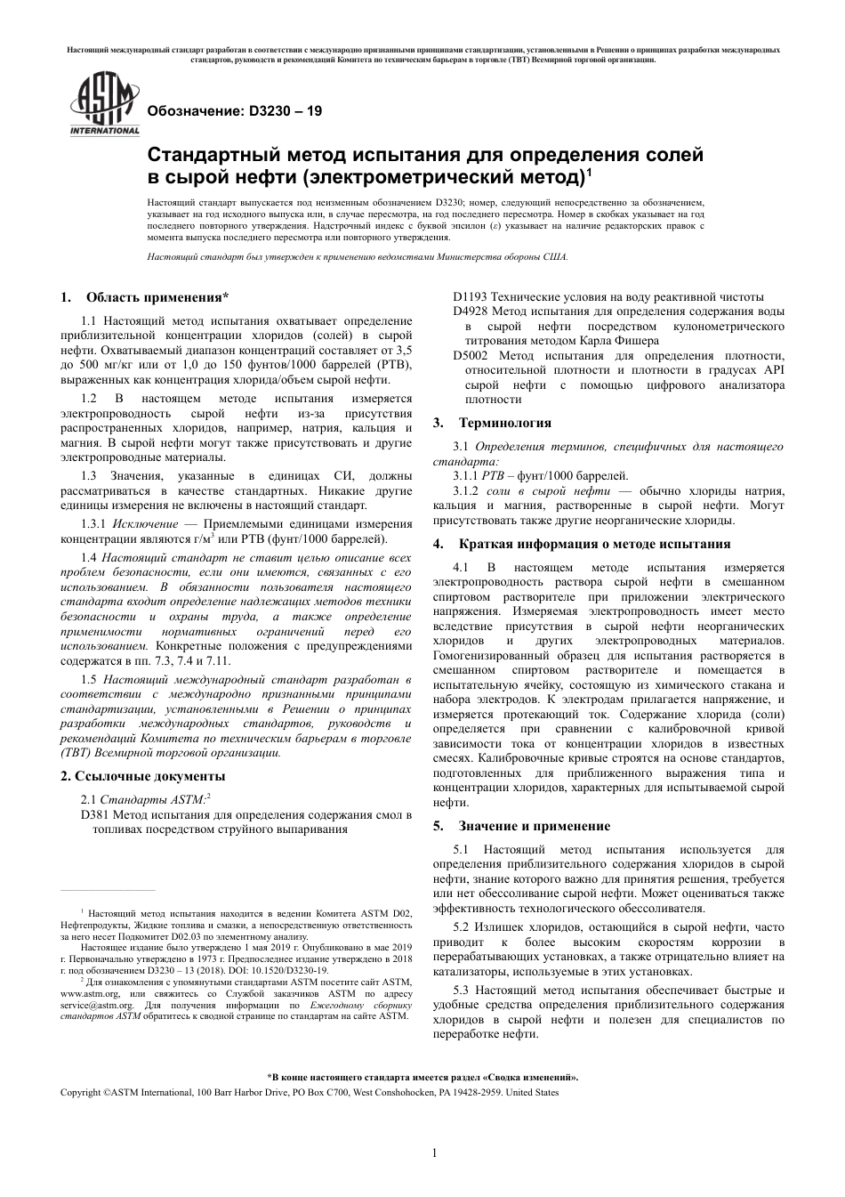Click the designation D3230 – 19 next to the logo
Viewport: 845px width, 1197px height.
pyautogui.click(x=234, y=112)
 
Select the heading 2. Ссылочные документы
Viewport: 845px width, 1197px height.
pyautogui.click(x=142, y=776)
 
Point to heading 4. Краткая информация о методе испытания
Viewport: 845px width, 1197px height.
pyautogui.click(x=582, y=543)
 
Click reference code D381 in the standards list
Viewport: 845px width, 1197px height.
pyautogui.click(x=95, y=814)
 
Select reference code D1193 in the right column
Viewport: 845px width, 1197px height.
pyautogui.click(x=469, y=296)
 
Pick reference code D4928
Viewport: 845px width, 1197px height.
pyautogui.click(x=469, y=311)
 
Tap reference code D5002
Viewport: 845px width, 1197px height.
pyautogui.click(x=469, y=355)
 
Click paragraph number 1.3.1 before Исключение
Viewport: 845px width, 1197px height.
pyautogui.click(x=93, y=524)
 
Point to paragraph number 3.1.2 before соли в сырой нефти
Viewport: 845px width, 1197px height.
pyautogui.click(x=465, y=490)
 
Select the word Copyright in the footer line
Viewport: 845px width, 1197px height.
pyautogui.click(x=80, y=1092)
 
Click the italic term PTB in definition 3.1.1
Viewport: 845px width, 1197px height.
pyautogui.click(x=492, y=475)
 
